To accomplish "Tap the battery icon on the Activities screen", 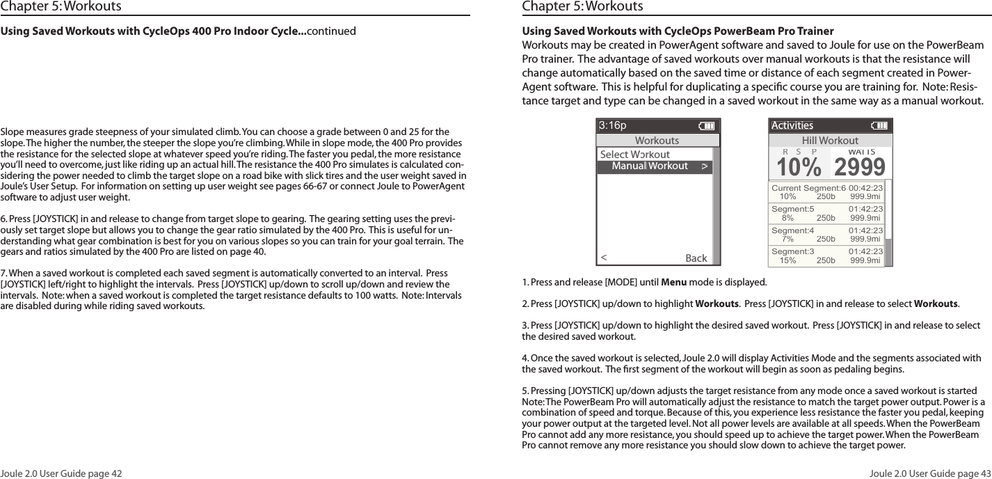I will click(879, 126).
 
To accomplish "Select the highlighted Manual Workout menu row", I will click(655, 166).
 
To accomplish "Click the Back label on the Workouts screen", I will click(696, 258).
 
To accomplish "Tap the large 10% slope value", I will click(799, 167).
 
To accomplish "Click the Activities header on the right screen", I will click(792, 126).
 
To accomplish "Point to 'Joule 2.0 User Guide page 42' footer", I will click(61, 473).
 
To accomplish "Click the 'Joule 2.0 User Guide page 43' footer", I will click(931, 473).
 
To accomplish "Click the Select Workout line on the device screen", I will click(634, 155).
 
